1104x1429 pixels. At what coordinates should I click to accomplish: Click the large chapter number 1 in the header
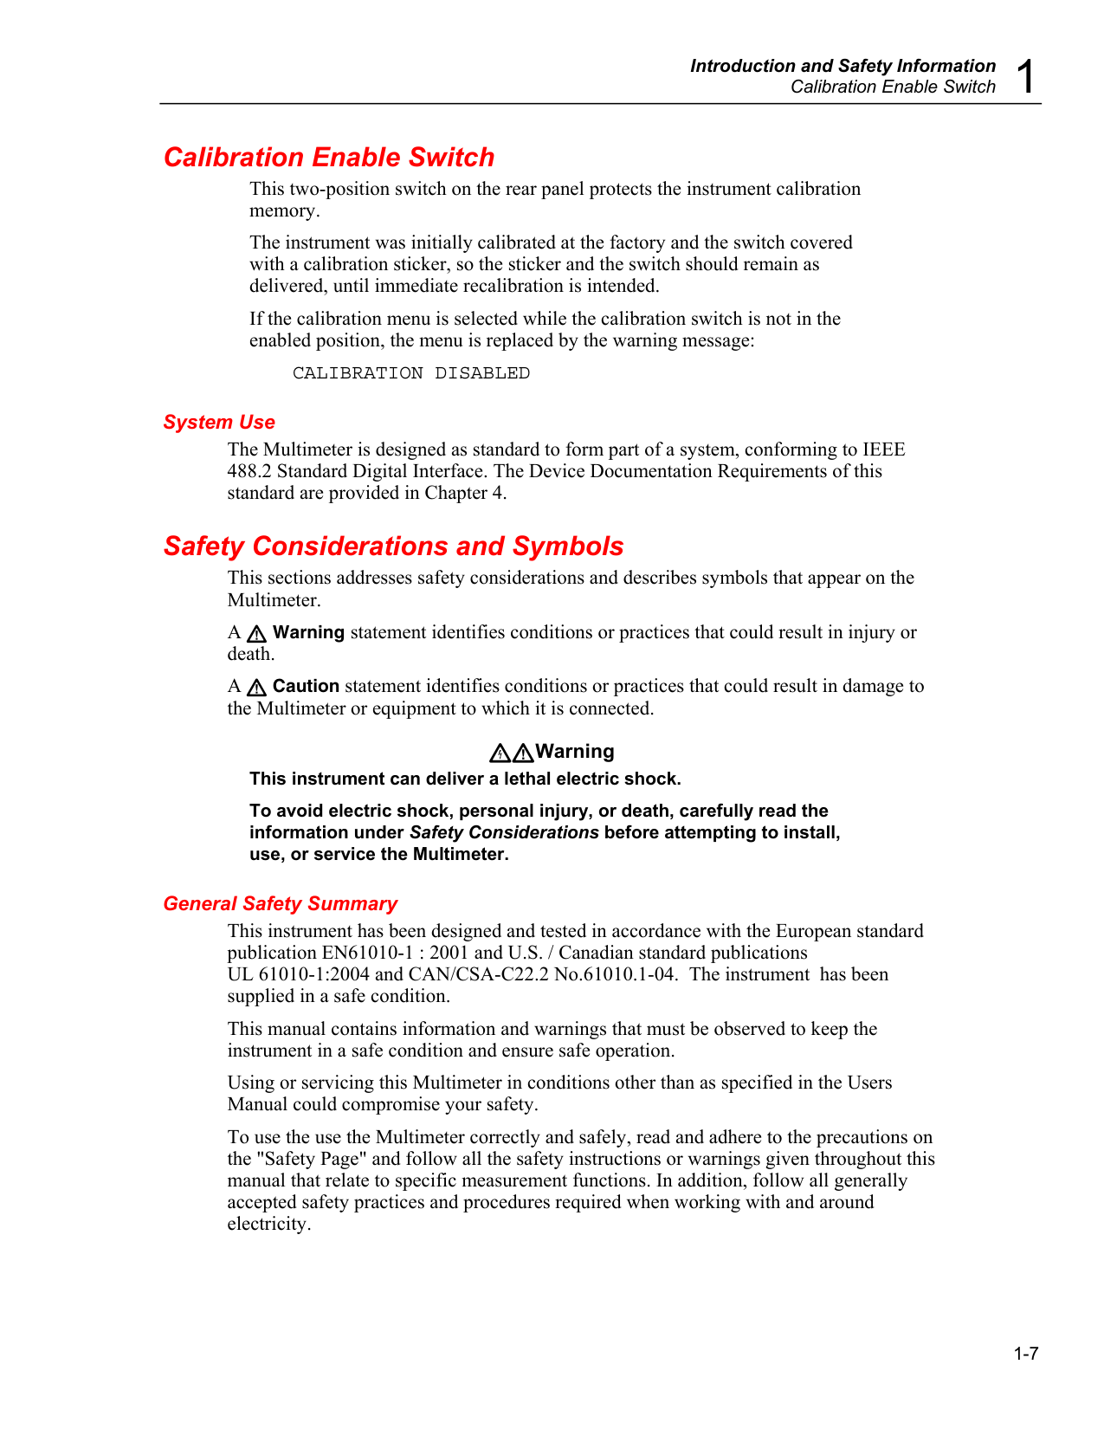click(x=1026, y=76)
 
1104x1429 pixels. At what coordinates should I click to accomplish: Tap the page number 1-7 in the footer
click(x=1026, y=1354)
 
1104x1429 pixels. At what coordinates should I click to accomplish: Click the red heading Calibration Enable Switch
click(x=329, y=157)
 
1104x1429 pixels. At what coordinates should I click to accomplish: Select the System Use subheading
click(x=219, y=422)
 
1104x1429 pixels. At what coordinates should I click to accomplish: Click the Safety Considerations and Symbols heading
click(x=393, y=546)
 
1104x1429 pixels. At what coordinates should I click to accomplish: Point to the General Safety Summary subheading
click(x=280, y=903)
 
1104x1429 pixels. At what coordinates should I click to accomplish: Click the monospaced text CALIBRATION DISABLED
click(x=410, y=373)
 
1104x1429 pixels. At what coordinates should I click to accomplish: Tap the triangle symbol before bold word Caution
click(x=256, y=688)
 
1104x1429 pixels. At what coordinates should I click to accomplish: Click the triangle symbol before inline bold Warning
click(x=256, y=633)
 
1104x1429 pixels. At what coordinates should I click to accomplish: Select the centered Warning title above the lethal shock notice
click(x=574, y=751)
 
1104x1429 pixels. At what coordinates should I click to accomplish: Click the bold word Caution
click(x=306, y=686)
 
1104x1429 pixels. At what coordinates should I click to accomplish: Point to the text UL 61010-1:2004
click(x=299, y=974)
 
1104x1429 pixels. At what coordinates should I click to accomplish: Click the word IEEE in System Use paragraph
click(x=884, y=449)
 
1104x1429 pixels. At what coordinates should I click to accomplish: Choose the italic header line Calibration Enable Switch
click(x=893, y=87)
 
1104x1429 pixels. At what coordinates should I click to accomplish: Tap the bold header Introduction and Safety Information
click(x=843, y=66)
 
